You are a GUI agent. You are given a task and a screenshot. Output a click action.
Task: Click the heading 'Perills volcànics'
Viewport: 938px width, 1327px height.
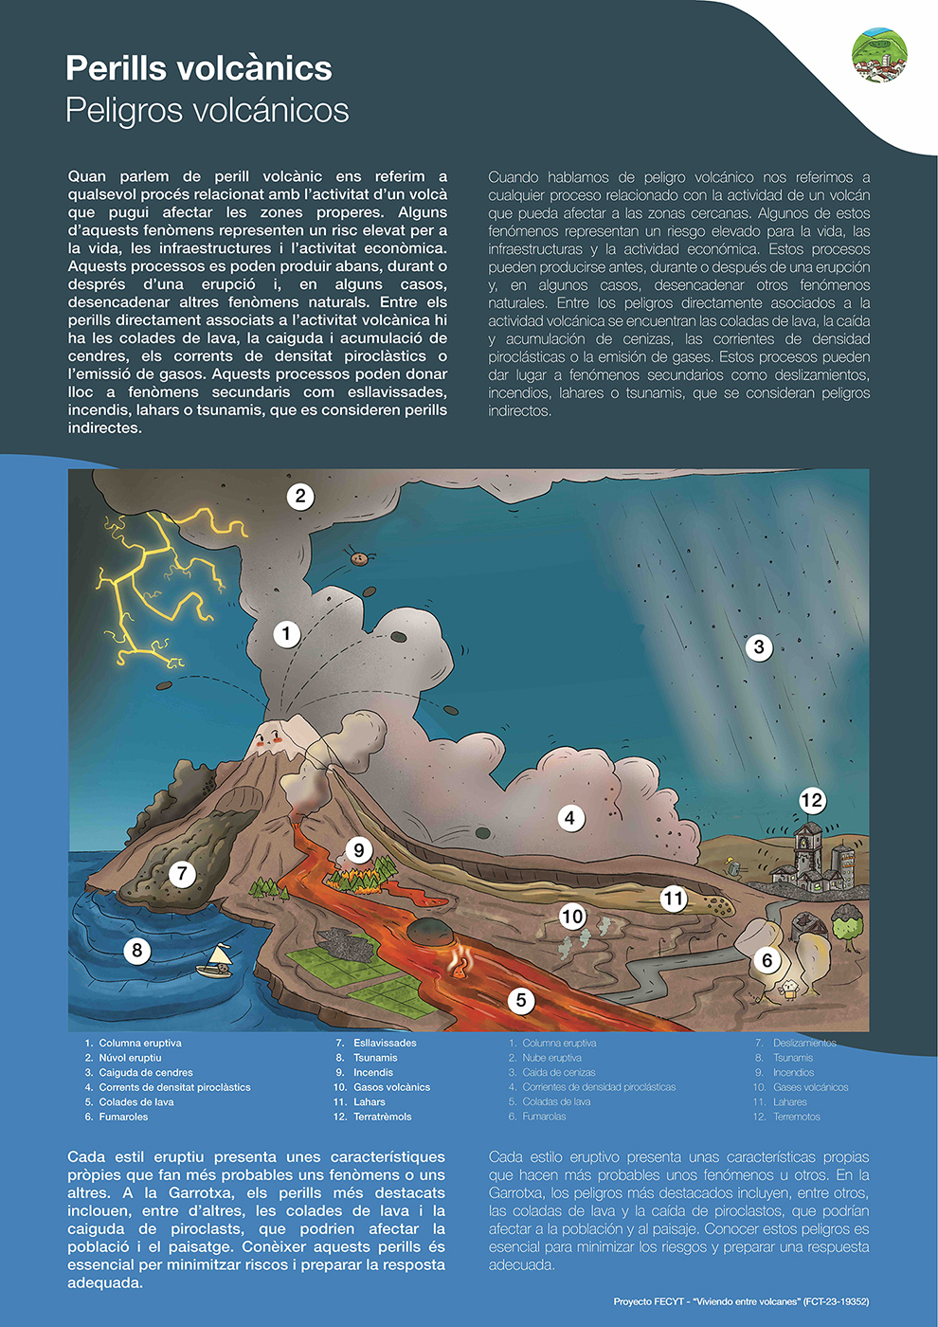pyautogui.click(x=199, y=68)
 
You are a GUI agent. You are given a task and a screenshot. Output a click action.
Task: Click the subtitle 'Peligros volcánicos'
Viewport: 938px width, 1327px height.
pyautogui.click(x=207, y=111)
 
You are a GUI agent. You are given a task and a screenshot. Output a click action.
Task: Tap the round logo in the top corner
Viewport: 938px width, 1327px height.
pyautogui.click(x=879, y=55)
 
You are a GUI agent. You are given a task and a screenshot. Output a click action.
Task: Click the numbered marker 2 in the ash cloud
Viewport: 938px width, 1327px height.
pyautogui.click(x=300, y=496)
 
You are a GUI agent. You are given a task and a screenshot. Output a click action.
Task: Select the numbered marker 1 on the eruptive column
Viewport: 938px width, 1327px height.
pyautogui.click(x=286, y=634)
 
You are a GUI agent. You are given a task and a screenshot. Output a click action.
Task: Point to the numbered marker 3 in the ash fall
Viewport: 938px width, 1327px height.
pyautogui.click(x=758, y=647)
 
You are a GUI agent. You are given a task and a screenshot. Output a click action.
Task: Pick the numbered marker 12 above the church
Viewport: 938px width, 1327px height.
pyautogui.click(x=812, y=801)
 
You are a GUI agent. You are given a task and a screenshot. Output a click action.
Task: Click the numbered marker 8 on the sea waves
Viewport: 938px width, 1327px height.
pyautogui.click(x=137, y=950)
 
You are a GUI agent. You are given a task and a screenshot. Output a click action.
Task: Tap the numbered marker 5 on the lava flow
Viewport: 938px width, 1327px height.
pyautogui.click(x=520, y=1000)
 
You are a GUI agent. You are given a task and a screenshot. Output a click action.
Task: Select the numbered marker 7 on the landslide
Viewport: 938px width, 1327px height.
pyautogui.click(x=182, y=873)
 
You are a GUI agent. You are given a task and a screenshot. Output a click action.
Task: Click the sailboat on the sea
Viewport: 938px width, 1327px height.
pyautogui.click(x=216, y=961)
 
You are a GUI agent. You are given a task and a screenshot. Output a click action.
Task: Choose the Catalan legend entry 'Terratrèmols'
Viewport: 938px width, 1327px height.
pyautogui.click(x=382, y=1117)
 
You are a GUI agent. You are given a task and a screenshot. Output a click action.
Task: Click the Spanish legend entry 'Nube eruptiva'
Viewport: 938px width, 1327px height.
pyautogui.click(x=551, y=1058)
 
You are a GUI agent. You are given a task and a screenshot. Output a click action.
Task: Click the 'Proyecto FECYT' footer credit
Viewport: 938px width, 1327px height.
pyautogui.click(x=741, y=1301)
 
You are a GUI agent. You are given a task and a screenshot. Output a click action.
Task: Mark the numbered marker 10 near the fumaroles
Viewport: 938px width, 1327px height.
pyautogui.click(x=572, y=917)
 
